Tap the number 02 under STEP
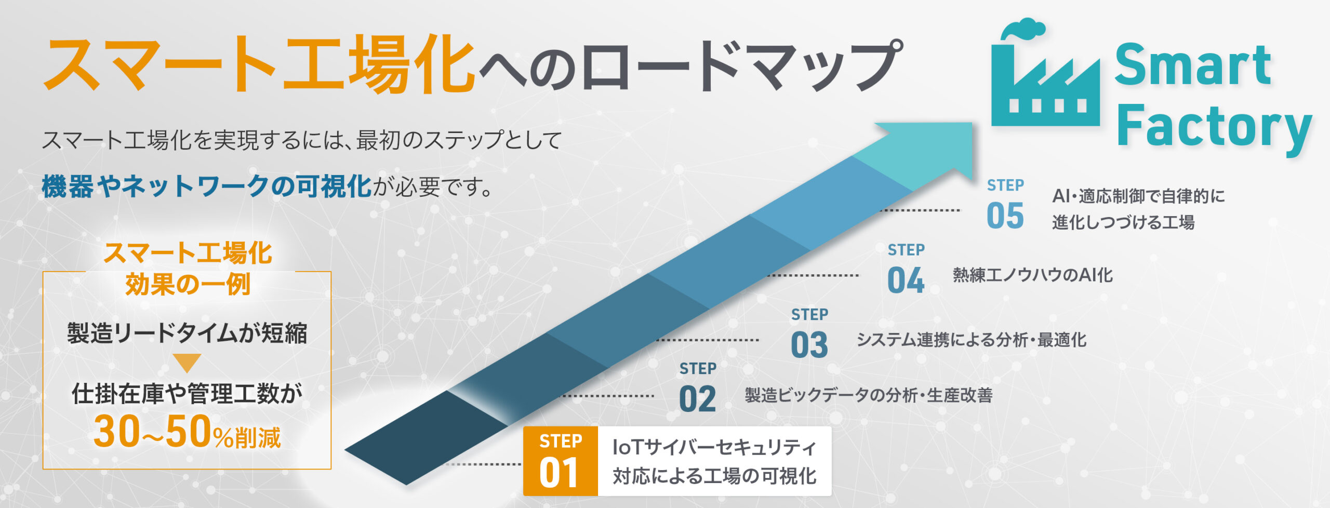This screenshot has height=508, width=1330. click(697, 399)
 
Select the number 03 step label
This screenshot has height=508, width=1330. click(809, 345)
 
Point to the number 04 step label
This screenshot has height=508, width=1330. click(906, 280)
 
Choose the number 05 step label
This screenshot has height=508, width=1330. click(1005, 216)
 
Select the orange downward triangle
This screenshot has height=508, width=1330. click(187, 363)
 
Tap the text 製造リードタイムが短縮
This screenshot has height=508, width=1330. click(187, 333)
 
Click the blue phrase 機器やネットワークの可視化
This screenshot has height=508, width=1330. click(207, 186)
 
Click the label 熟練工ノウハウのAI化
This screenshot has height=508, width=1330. click(1033, 275)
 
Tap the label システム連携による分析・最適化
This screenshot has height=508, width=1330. click(972, 340)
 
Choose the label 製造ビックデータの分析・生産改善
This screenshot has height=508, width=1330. click(869, 395)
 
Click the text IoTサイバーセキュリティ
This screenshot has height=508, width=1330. click(714, 447)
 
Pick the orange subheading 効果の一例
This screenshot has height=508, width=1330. click(188, 284)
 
